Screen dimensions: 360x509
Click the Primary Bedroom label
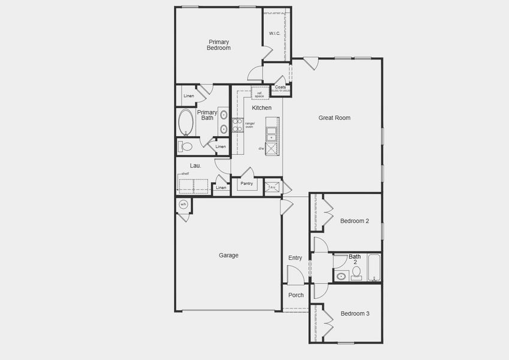(x=219, y=45)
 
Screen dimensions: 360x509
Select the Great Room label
(x=334, y=118)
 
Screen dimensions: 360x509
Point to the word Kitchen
(x=261, y=108)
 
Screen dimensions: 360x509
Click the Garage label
(x=228, y=255)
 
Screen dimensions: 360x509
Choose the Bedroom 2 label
(x=354, y=221)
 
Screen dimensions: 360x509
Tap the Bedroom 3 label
(x=355, y=313)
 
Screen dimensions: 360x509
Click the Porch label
(x=296, y=295)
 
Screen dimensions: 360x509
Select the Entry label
(x=295, y=258)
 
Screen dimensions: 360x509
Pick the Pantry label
(x=246, y=184)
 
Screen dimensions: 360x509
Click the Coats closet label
(x=280, y=88)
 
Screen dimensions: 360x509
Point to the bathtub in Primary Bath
(x=185, y=122)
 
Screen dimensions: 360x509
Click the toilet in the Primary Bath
(x=186, y=146)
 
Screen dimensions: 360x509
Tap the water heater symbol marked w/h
(x=183, y=205)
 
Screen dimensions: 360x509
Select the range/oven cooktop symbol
(x=237, y=125)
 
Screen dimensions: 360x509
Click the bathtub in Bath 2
(x=374, y=268)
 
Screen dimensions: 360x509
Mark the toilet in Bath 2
(x=356, y=273)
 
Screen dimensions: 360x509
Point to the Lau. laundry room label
(x=195, y=166)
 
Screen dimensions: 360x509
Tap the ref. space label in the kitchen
(x=259, y=94)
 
